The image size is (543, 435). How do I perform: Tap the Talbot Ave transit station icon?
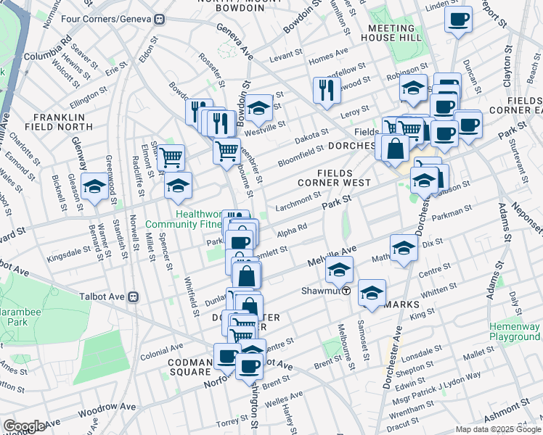point(133,297)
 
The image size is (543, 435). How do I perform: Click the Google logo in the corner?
point(23,426)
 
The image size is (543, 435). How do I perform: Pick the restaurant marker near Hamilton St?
point(324,90)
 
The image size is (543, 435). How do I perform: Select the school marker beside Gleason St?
point(94,187)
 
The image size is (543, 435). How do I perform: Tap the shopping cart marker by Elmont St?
point(171,156)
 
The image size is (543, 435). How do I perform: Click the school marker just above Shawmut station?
point(338,270)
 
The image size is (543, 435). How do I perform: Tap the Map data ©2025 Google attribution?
point(498,429)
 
